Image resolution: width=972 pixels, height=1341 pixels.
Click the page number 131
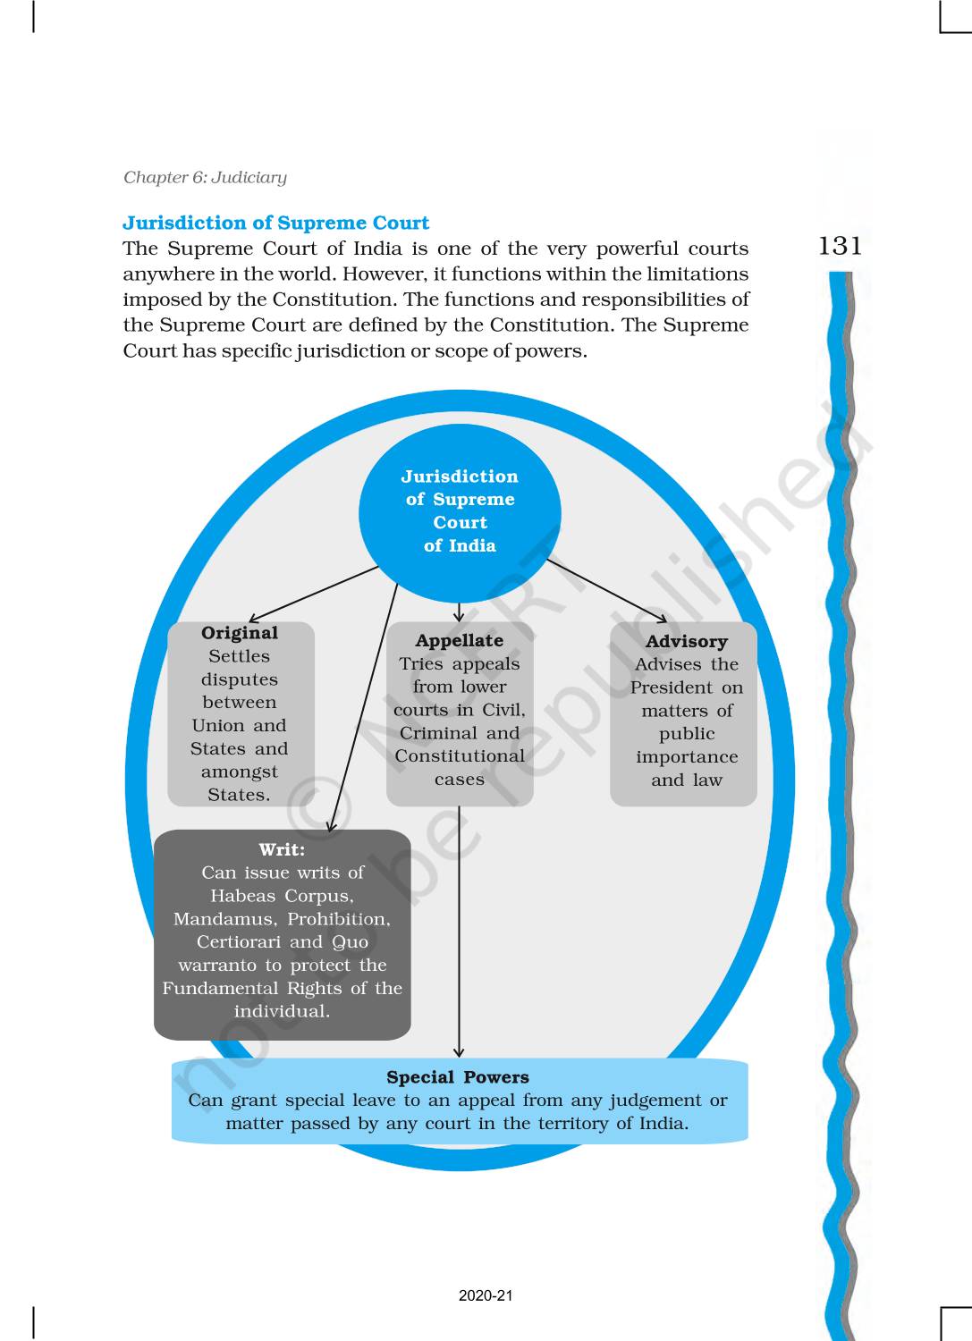pos(840,246)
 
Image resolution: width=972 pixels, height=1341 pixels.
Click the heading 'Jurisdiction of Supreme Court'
pos(275,223)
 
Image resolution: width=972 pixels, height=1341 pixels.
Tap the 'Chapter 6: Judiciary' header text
pos(205,177)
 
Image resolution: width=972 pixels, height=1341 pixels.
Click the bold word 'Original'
pos(240,633)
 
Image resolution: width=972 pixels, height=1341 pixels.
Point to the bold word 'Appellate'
pos(459,640)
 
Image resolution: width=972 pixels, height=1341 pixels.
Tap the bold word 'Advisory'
pos(687,641)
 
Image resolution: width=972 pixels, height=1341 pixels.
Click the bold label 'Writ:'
pos(282,849)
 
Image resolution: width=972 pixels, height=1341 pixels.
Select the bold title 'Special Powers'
pos(458,1077)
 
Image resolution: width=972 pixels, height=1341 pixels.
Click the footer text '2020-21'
pos(486,1295)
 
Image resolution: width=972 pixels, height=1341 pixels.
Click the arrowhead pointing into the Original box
pos(252,619)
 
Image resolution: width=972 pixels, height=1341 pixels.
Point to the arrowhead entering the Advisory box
pos(663,619)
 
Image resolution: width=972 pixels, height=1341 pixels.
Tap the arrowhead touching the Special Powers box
pos(459,1053)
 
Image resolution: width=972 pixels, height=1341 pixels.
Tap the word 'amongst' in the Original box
pos(240,772)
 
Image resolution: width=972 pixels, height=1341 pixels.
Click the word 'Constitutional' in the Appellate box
pos(460,756)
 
